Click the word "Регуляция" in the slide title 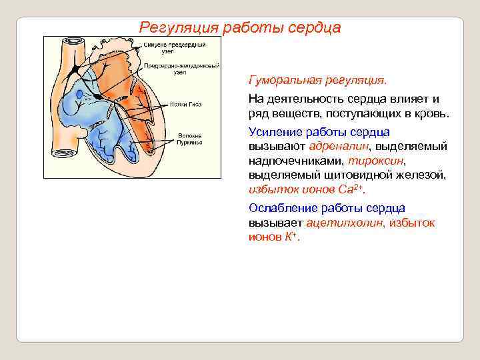(178, 28)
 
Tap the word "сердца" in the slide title (315, 28)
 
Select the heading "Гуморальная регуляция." (317, 80)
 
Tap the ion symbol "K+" (292, 237)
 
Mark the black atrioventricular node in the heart (99, 96)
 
